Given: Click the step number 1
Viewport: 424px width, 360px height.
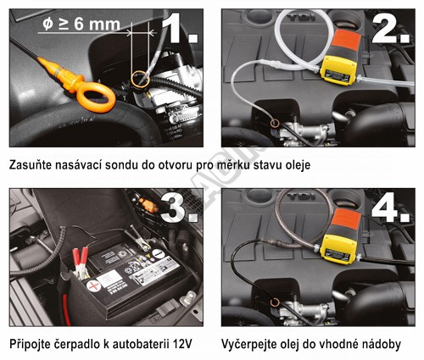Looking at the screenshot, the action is click(x=179, y=27).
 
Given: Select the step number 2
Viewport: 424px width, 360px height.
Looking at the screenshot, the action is click(x=391, y=29).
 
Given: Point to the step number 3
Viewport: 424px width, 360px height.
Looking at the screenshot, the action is click(x=180, y=207).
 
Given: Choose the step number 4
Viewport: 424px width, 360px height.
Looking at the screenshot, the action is click(x=391, y=208).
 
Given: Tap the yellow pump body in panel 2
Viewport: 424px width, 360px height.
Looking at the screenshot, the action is click(x=338, y=69).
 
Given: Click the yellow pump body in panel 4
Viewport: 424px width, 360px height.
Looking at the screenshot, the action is click(x=338, y=249).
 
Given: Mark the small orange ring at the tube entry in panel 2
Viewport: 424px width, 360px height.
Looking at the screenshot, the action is click(x=275, y=123).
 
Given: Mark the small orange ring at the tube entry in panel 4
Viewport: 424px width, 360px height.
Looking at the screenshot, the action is click(x=275, y=302).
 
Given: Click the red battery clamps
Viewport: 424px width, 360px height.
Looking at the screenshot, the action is click(x=81, y=262).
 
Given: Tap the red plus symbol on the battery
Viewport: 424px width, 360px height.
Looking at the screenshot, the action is click(x=93, y=286).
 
